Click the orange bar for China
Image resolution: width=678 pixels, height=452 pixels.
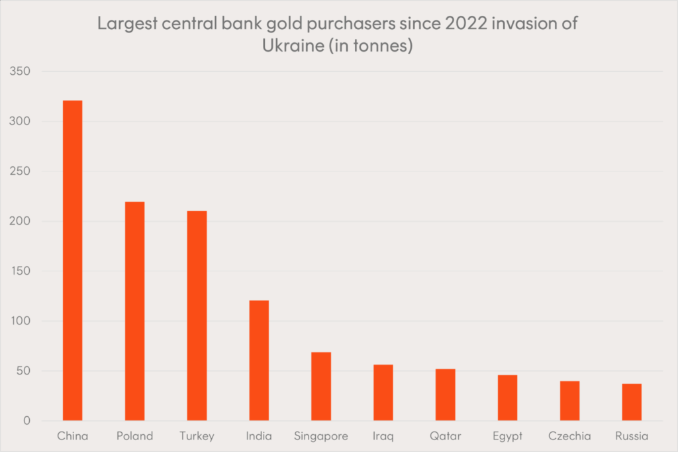click(73, 261)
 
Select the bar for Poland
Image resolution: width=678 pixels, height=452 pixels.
click(135, 311)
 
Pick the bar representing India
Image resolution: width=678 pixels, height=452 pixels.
click(259, 361)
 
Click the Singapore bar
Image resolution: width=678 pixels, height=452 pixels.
click(321, 386)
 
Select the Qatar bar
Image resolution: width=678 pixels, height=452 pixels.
click(446, 394)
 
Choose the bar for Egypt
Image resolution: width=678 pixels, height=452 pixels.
click(508, 398)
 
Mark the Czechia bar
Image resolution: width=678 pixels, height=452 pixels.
click(570, 401)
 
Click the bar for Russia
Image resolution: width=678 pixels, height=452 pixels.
click(632, 402)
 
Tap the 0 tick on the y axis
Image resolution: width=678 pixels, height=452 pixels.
click(27, 421)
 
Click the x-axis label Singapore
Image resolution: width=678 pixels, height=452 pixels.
click(321, 436)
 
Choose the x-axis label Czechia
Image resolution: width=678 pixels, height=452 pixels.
click(570, 436)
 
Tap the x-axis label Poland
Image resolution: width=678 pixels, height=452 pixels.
click(135, 436)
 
